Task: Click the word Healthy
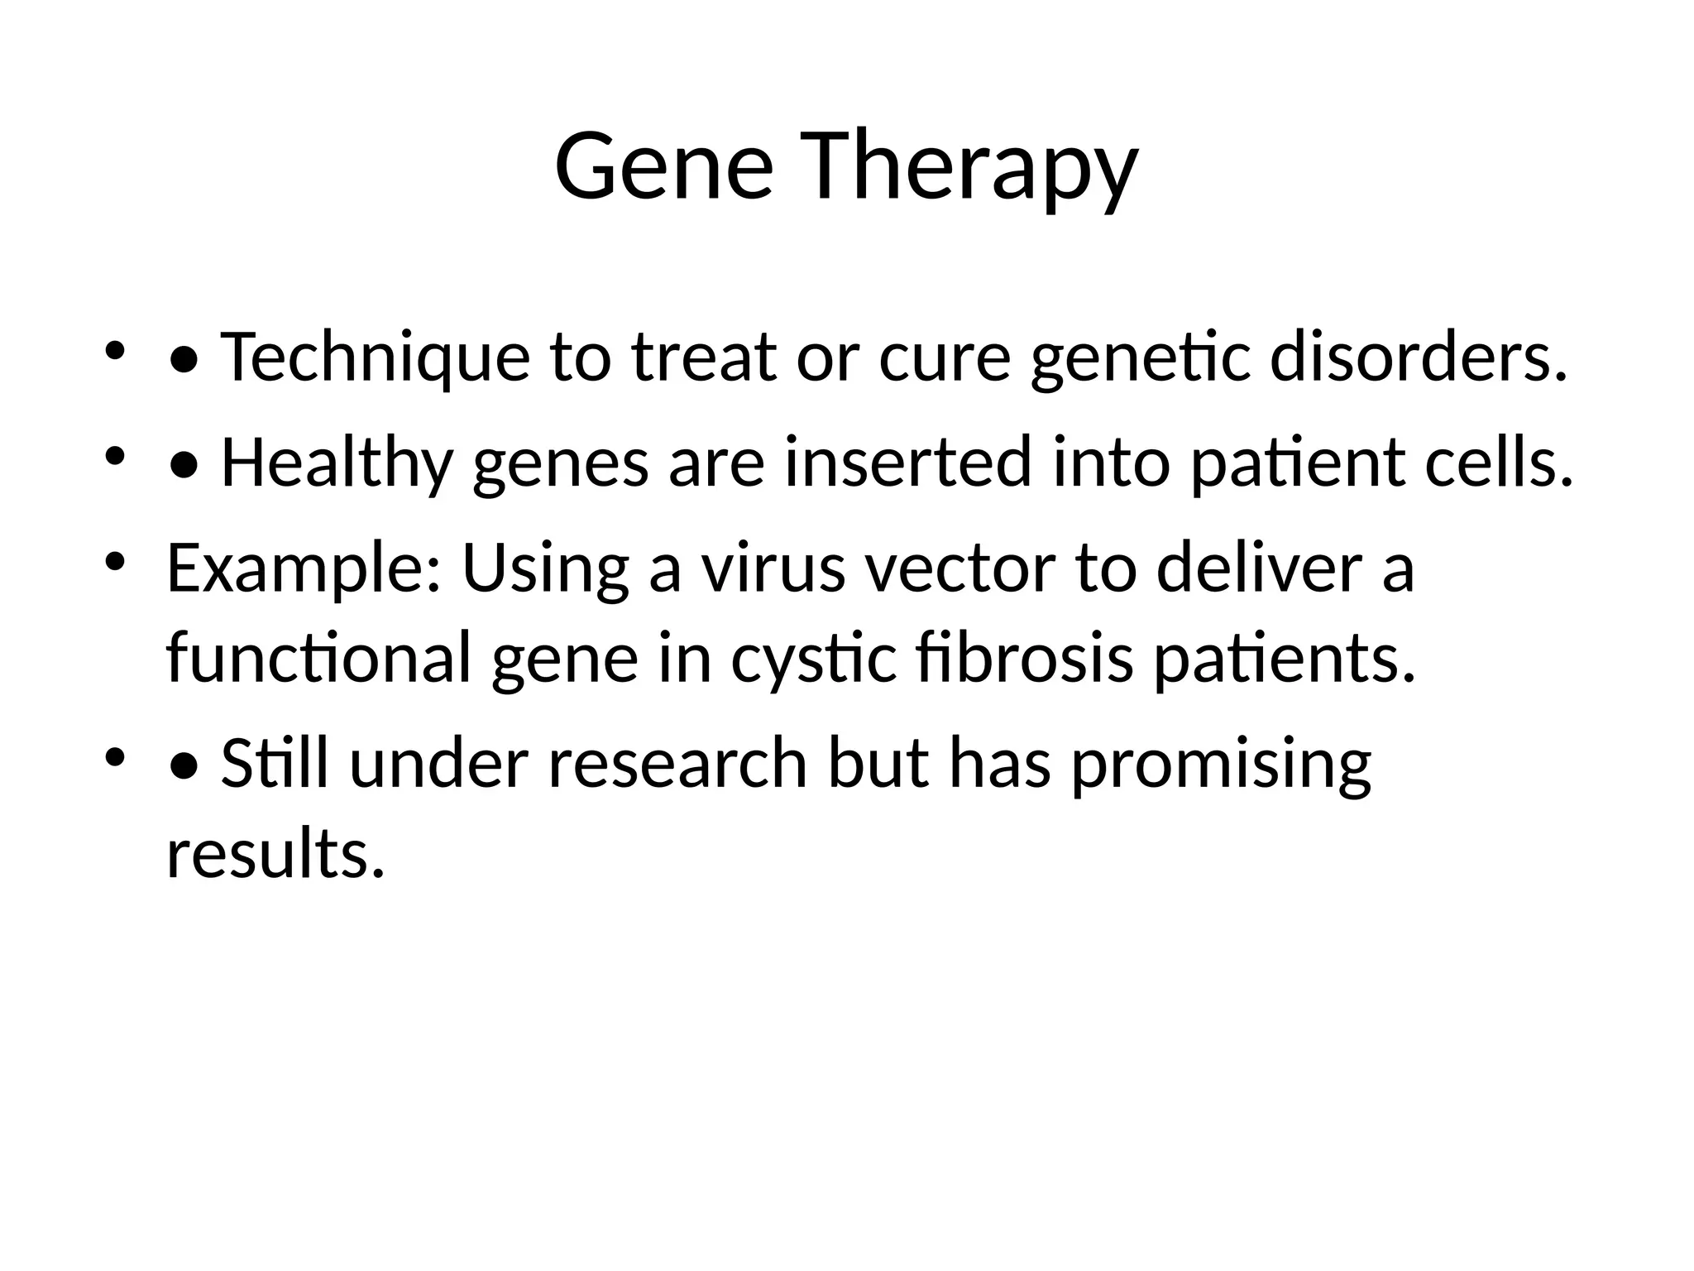click(x=337, y=463)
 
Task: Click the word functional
click(x=318, y=658)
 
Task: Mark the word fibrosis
click(x=1025, y=658)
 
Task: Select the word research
click(x=677, y=762)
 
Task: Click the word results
click(x=275, y=853)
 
